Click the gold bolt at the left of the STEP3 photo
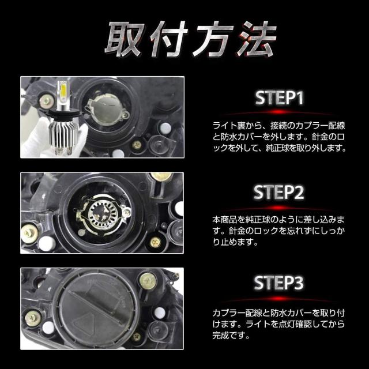[31, 317]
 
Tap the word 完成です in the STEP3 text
[225, 336]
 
